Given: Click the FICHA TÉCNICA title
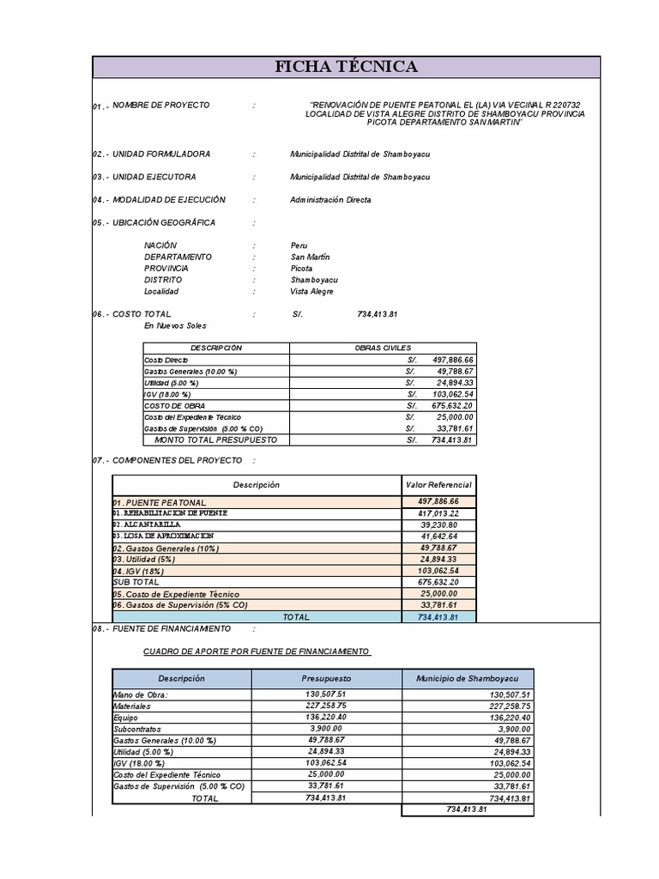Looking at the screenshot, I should (346, 67).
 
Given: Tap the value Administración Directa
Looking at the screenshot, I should (330, 200).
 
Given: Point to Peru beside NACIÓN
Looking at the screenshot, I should (299, 246).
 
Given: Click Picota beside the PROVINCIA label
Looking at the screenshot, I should (301, 269).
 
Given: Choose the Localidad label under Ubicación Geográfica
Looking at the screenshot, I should (161, 292).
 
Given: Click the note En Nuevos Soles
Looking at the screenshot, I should (175, 326).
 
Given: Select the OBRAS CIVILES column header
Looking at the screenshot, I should (382, 349).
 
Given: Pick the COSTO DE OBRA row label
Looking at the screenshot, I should (174, 405).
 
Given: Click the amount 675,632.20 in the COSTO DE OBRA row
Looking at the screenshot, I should (452, 405).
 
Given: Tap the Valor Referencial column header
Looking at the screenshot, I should (438, 485).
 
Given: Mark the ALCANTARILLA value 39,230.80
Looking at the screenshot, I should (438, 525).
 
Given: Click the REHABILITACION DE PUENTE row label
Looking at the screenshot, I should (170, 513).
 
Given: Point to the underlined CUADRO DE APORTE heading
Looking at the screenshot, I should (257, 652).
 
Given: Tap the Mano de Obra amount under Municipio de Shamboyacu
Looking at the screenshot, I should (510, 695).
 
